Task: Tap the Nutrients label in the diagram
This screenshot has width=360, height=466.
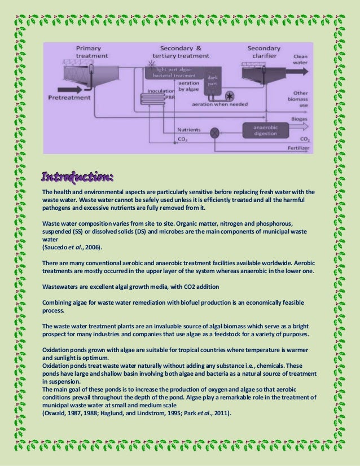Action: pyautogui.click(x=188, y=130)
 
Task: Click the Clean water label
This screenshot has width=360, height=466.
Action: pyautogui.click(x=300, y=60)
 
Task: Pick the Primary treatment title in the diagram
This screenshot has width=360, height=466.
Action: pyautogui.click(x=89, y=52)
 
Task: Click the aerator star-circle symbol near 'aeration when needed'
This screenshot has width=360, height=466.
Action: pyautogui.click(x=230, y=95)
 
